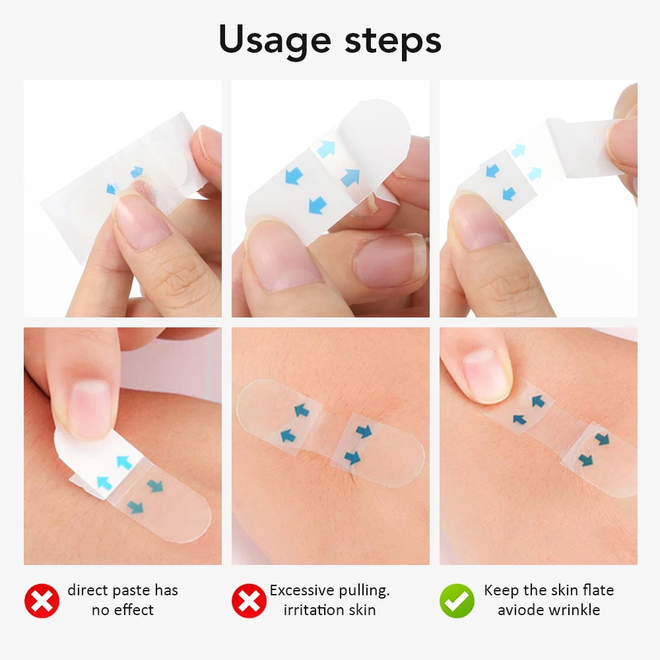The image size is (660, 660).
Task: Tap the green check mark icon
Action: pyautogui.click(x=457, y=601)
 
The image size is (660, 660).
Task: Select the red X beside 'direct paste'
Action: pyautogui.click(x=42, y=601)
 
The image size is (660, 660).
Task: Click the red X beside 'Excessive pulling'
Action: pyautogui.click(x=249, y=601)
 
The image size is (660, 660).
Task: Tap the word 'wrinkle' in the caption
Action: pyautogui.click(x=576, y=610)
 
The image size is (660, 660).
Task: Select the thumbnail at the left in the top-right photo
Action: pyautogui.click(x=479, y=225)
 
